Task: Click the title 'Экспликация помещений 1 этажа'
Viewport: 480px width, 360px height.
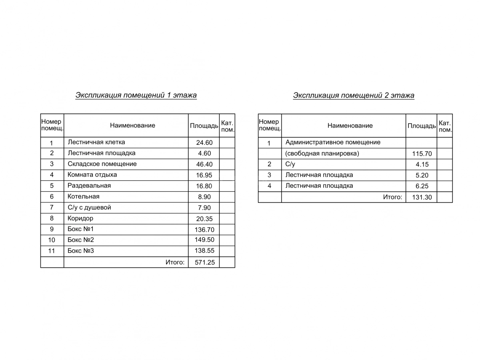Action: (136, 95)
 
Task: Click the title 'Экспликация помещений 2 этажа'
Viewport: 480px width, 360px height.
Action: (354, 95)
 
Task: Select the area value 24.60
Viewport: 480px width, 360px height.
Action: (204, 142)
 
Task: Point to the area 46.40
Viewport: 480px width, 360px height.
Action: (204, 164)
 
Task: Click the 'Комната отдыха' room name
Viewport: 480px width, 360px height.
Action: (92, 175)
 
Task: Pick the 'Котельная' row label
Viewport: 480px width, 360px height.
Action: (84, 196)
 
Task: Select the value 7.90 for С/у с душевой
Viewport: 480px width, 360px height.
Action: (204, 208)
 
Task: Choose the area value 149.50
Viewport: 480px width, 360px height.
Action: (204, 240)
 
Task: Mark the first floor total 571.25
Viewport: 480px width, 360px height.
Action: (204, 262)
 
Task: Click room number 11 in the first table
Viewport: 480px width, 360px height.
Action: (52, 251)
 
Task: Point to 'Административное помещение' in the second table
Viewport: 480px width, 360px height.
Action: (333, 142)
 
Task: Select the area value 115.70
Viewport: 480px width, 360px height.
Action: (422, 154)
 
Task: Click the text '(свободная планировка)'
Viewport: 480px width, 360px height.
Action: (322, 153)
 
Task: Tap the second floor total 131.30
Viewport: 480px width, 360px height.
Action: (422, 197)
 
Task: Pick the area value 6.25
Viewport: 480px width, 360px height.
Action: (422, 186)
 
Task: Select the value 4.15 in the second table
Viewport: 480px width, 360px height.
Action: (422, 164)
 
